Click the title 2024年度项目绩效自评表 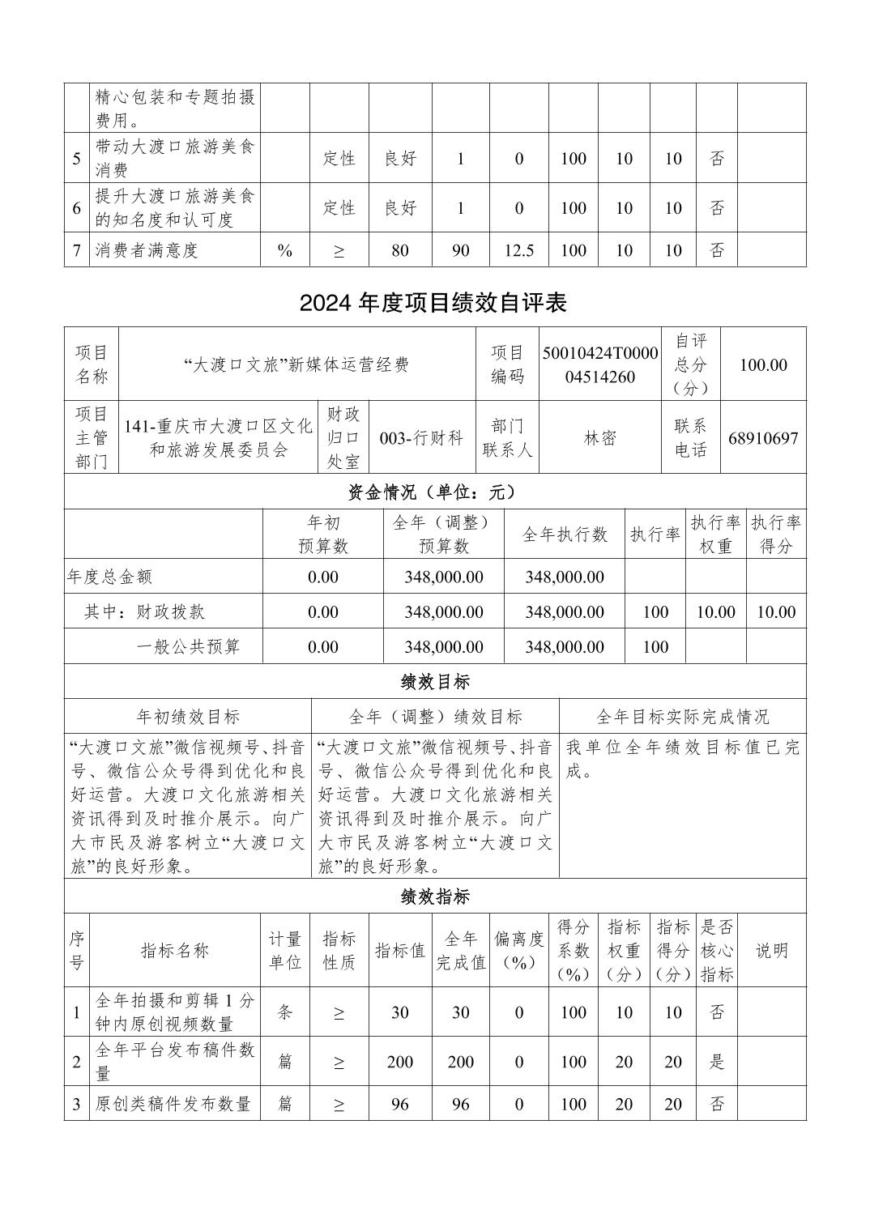pyautogui.click(x=433, y=303)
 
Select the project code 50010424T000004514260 pyautogui.click(x=600, y=365)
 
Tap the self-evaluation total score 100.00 pyautogui.click(x=763, y=365)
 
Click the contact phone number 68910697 pyautogui.click(x=763, y=439)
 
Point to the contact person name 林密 pyautogui.click(x=600, y=438)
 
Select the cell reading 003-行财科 pyautogui.click(x=421, y=438)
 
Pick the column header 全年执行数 pyautogui.click(x=565, y=535)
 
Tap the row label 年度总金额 pyautogui.click(x=109, y=577)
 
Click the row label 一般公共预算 pyautogui.click(x=188, y=646)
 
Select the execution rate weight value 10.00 pyautogui.click(x=715, y=612)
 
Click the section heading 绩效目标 pyautogui.click(x=435, y=682)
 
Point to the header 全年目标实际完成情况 pyautogui.click(x=682, y=717)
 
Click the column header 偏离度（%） pyautogui.click(x=519, y=951)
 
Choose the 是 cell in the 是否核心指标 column pyautogui.click(x=717, y=1062)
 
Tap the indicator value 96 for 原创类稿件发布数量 pyautogui.click(x=400, y=1104)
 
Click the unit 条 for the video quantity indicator pyautogui.click(x=285, y=1012)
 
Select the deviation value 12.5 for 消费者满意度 pyautogui.click(x=519, y=250)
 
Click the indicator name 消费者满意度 pyautogui.click(x=147, y=250)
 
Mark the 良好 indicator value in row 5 pyautogui.click(x=400, y=159)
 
